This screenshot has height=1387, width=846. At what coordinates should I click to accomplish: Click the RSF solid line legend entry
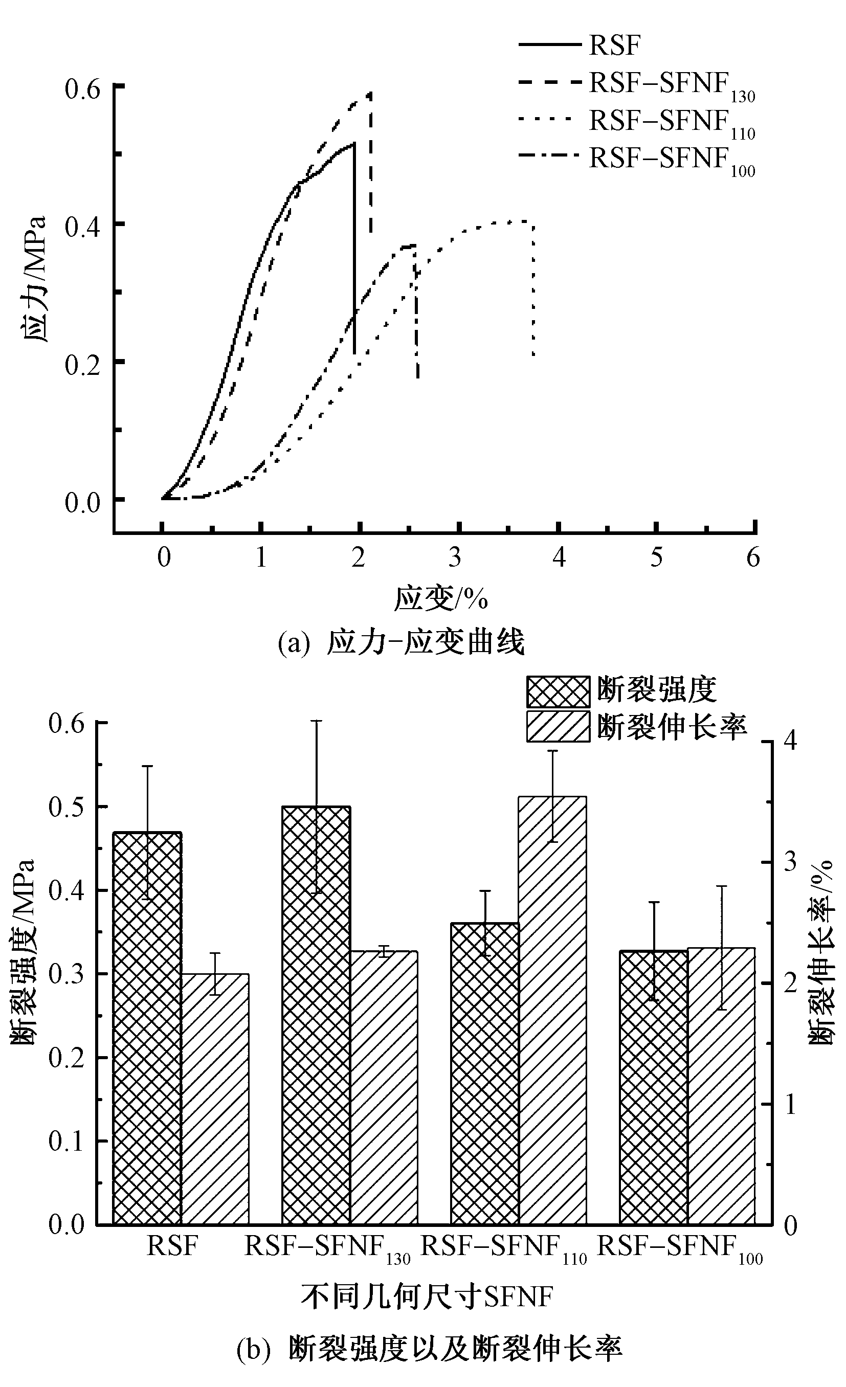click(x=580, y=44)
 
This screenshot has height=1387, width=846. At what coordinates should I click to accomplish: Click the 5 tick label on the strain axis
click(x=656, y=557)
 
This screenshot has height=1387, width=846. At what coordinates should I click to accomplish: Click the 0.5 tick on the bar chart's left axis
click(x=66, y=807)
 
